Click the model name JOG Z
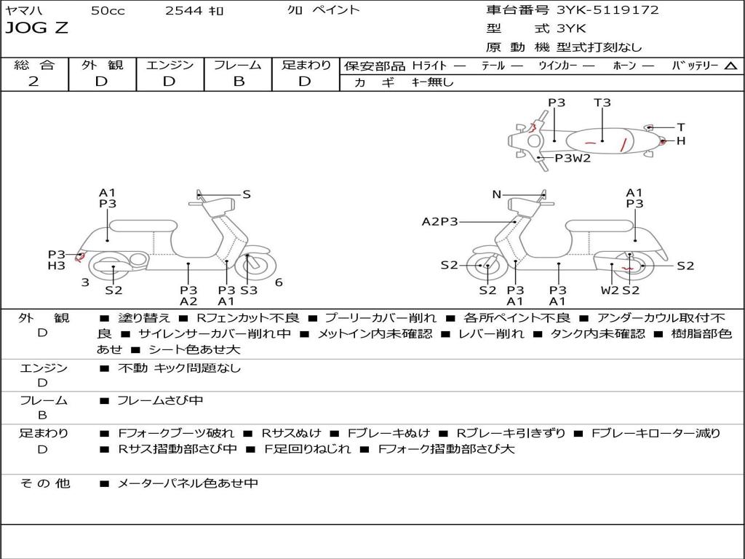[37, 28]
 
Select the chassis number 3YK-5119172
[607, 10]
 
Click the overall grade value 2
[33, 82]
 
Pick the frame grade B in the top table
[238, 82]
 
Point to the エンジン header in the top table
[170, 65]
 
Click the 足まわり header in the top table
[306, 65]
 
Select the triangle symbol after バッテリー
[730, 66]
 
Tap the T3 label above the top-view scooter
[602, 103]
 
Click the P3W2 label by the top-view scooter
[573, 158]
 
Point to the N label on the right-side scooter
[497, 194]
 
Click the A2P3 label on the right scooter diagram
[440, 221]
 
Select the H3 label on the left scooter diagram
[57, 266]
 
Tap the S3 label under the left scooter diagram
[249, 290]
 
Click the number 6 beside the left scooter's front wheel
[279, 282]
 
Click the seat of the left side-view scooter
[143, 226]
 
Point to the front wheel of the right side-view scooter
[486, 267]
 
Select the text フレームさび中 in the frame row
[160, 400]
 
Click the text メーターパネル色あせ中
[188, 483]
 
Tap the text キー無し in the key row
[432, 82]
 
